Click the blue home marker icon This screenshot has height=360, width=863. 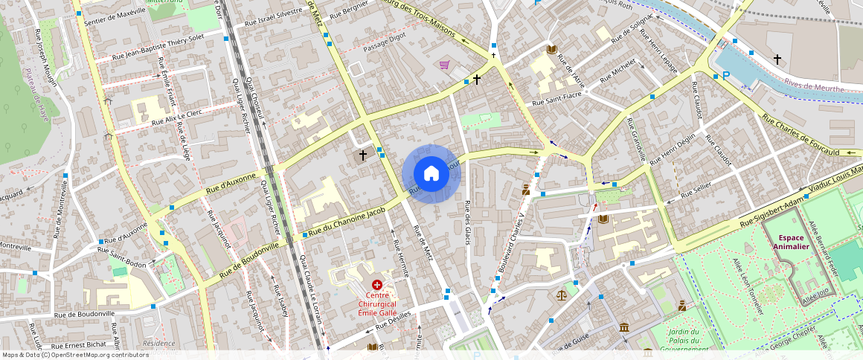click(x=431, y=174)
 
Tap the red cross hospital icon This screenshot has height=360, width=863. click(x=377, y=285)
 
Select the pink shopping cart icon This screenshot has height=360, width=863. click(x=445, y=65)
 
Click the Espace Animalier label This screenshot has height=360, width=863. click(x=792, y=242)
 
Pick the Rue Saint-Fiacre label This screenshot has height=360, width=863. click(x=556, y=98)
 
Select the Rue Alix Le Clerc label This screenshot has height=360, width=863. click(x=176, y=118)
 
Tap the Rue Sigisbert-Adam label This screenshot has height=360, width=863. click(x=766, y=212)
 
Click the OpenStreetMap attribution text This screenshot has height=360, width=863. click(x=75, y=355)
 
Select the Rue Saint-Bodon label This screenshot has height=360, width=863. click(x=123, y=257)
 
